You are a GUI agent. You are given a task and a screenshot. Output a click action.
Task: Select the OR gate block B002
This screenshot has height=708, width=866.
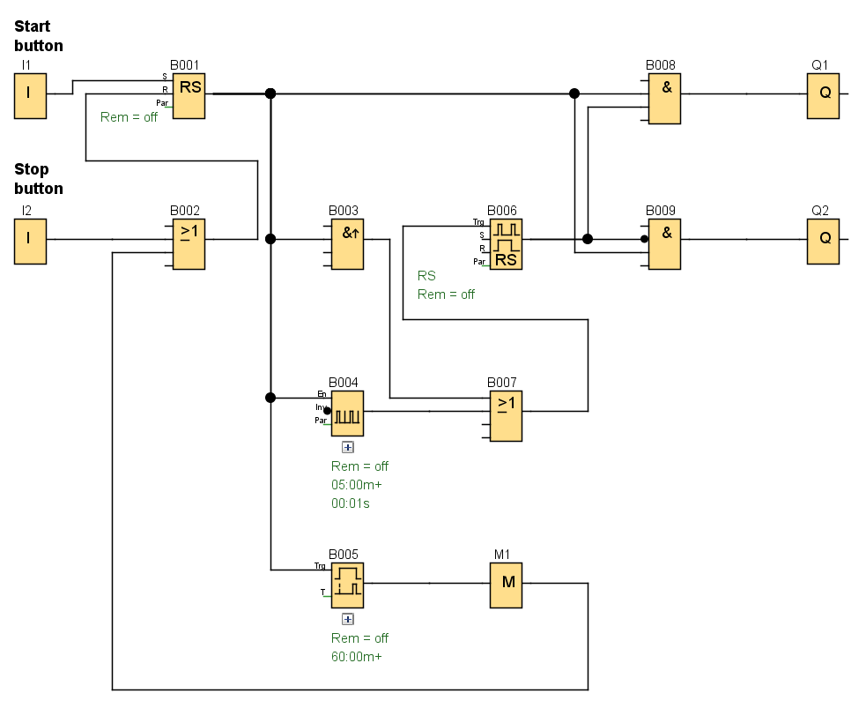pos(189,243)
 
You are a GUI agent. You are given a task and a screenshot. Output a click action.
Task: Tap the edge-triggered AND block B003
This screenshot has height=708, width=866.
pos(347,243)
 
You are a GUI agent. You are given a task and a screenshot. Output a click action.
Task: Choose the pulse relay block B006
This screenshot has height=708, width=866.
pos(506,243)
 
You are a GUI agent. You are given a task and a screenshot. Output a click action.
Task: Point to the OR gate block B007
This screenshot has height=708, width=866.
pos(506,415)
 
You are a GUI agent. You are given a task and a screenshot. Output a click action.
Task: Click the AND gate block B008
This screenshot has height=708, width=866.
pos(664,97)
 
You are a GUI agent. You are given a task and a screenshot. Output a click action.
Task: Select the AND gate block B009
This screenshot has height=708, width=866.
pos(664,243)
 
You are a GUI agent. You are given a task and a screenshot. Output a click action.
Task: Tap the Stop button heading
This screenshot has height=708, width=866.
pos(39,179)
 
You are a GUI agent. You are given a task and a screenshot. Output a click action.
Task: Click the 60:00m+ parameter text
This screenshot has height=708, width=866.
pos(356,657)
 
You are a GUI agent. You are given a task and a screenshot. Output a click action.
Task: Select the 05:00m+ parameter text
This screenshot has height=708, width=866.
pos(356,485)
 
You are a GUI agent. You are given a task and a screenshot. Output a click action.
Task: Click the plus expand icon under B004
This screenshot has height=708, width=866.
pos(347,447)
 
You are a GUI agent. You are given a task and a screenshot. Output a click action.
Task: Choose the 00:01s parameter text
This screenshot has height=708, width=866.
pos(350,504)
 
